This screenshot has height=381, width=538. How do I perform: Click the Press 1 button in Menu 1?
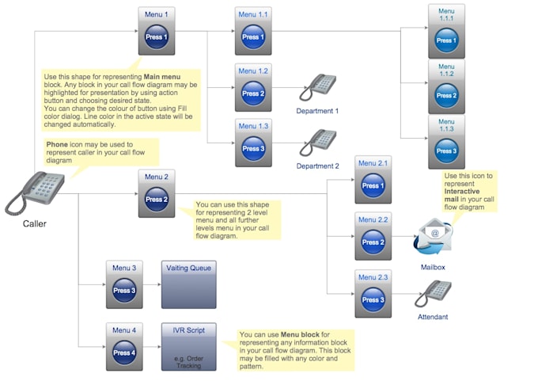[x=156, y=37]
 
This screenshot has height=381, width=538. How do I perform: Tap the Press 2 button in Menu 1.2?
[x=253, y=93]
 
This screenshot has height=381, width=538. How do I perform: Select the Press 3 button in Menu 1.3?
[x=253, y=148]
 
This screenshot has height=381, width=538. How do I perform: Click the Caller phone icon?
[x=36, y=193]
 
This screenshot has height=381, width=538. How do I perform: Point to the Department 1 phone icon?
[x=320, y=86]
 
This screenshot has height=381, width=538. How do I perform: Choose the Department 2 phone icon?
[x=320, y=141]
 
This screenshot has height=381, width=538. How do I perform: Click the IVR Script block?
[x=188, y=346]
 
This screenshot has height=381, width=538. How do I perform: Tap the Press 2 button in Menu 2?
[x=156, y=200]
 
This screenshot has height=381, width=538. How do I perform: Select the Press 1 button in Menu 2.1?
[x=373, y=186]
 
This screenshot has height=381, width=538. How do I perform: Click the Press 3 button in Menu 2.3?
[x=373, y=300]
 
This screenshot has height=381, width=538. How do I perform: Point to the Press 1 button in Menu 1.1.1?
[x=446, y=40]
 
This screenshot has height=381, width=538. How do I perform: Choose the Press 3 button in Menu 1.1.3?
[x=446, y=150]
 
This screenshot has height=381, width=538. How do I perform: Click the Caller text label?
[x=35, y=224]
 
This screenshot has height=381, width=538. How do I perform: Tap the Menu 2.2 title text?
[x=373, y=219]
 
